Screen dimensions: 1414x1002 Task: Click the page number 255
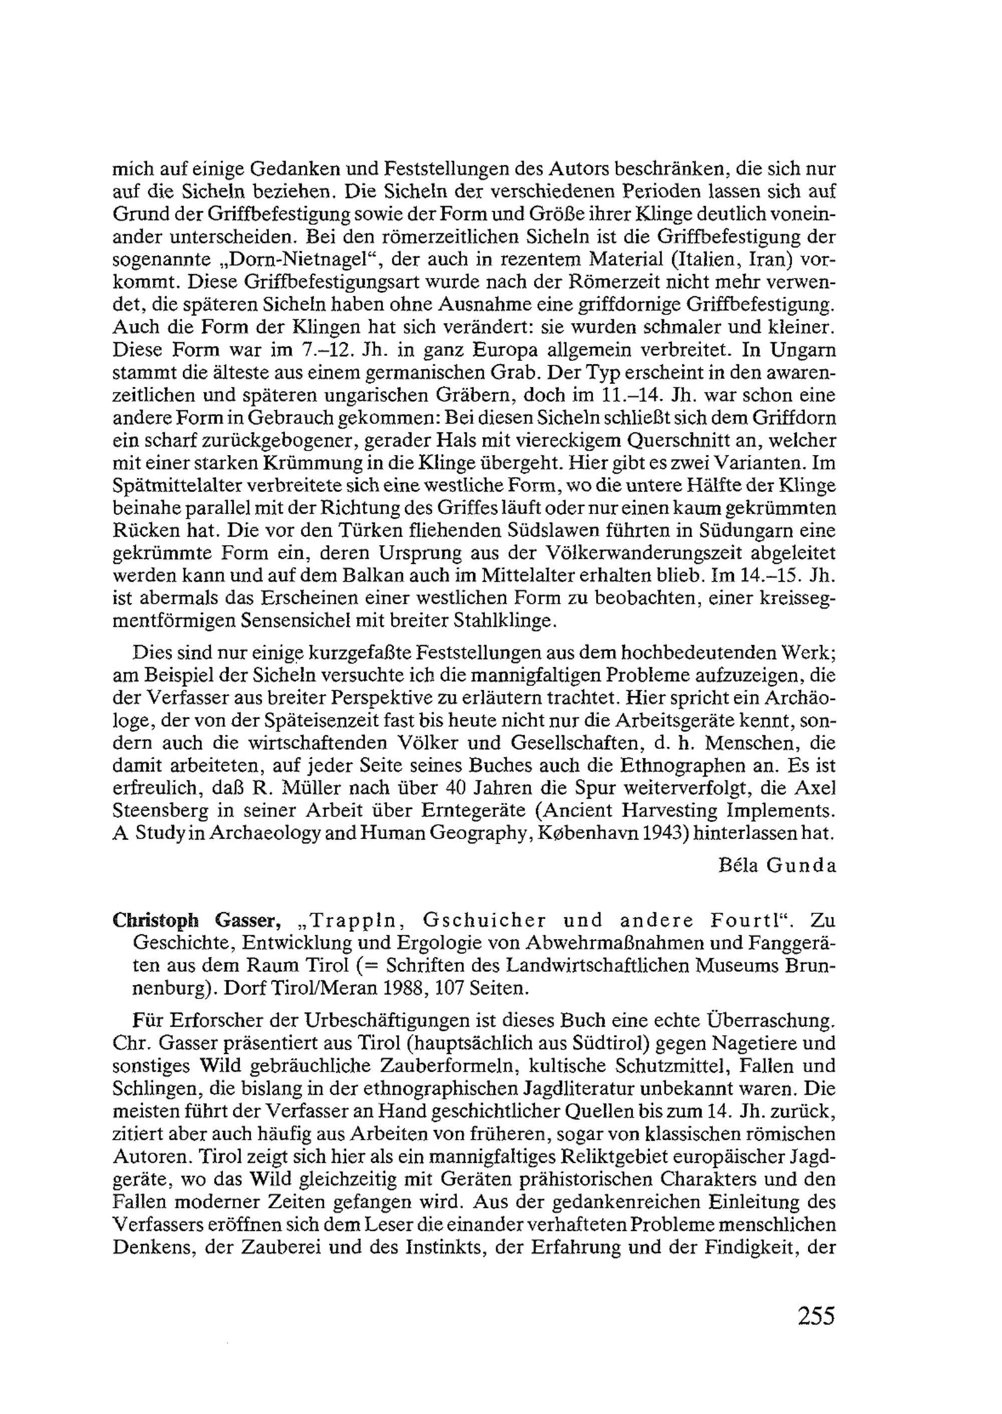coord(816,1316)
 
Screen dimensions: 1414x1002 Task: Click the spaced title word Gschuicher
coord(485,921)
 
